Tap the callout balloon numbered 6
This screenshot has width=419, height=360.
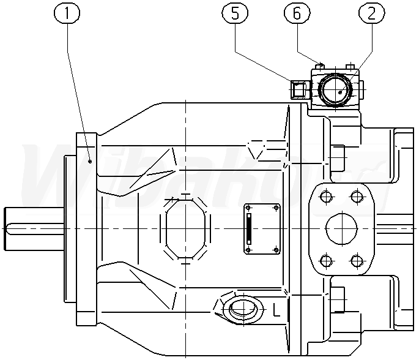pos(296,13)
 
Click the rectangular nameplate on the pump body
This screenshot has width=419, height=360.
pos(262,228)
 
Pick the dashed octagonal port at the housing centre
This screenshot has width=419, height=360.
pos(185,228)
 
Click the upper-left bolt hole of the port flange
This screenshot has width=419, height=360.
pos(325,197)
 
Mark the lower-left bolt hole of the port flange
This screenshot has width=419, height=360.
pos(325,262)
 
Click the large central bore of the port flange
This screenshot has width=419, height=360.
pos(341,229)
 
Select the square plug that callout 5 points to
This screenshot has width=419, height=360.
pos(298,90)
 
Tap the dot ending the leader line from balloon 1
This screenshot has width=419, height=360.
pos(91,161)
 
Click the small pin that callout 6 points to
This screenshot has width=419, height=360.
pos(321,65)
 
